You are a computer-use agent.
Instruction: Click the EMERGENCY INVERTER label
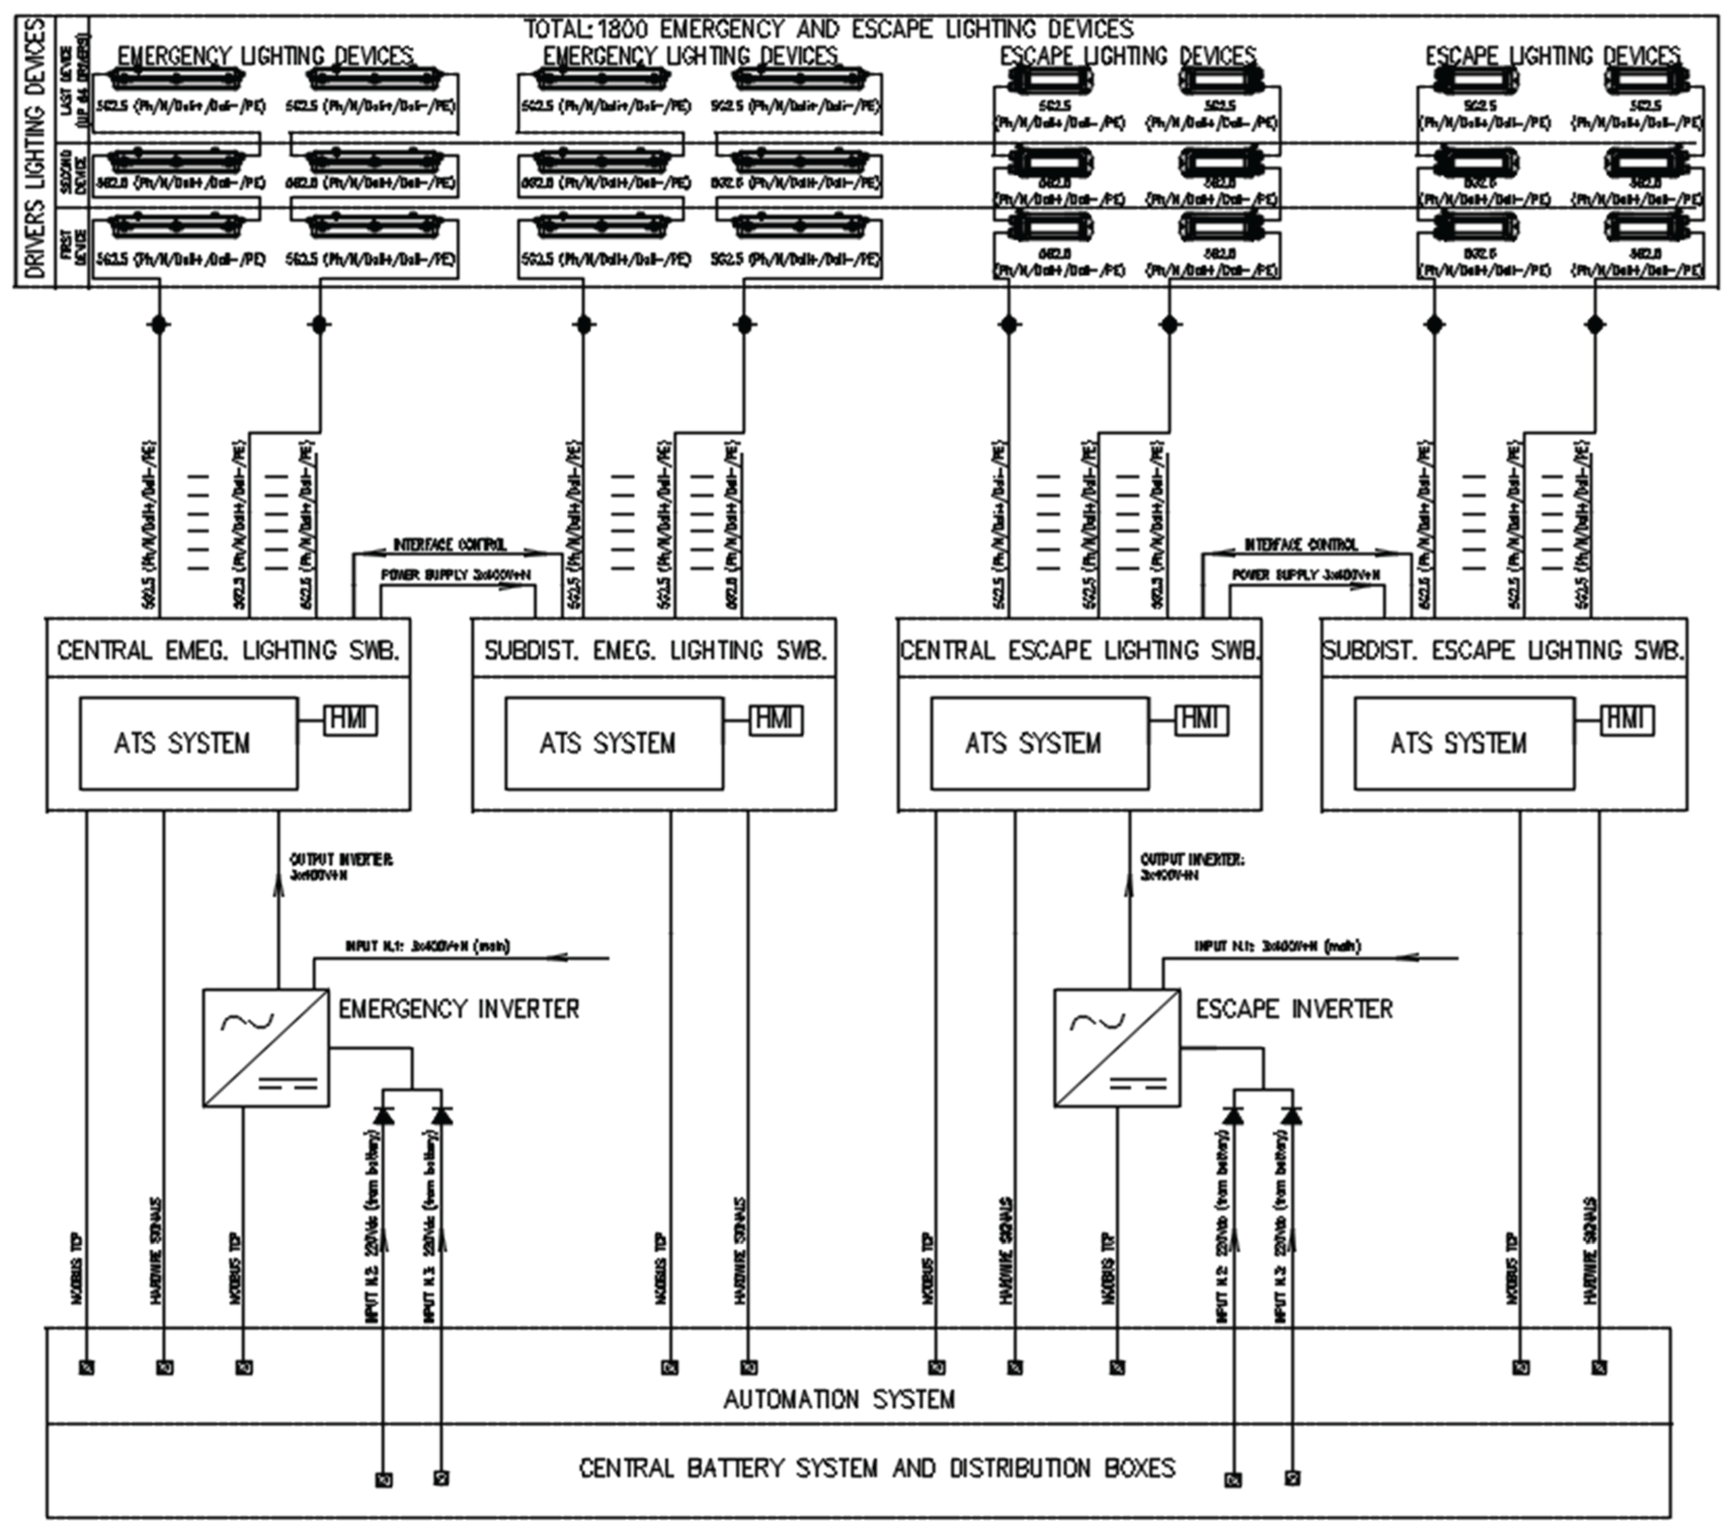tap(459, 1009)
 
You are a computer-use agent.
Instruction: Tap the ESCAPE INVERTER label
tap(1294, 1009)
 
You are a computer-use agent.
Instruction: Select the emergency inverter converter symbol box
tap(266, 1048)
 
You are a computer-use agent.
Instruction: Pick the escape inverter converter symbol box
tap(1116, 1048)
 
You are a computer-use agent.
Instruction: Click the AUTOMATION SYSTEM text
tap(838, 1400)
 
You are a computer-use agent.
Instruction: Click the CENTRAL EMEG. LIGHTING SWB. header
tap(228, 650)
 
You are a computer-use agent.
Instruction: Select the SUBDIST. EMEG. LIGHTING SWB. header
tap(655, 650)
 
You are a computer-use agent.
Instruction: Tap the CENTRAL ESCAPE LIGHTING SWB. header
tap(1079, 650)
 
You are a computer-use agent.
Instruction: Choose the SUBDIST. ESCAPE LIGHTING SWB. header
tap(1503, 650)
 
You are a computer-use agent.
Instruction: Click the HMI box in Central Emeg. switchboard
tap(351, 720)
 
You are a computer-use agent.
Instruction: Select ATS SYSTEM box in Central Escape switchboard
tap(1039, 743)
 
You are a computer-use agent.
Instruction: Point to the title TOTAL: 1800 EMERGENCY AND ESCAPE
tap(828, 29)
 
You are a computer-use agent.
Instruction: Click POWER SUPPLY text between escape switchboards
tap(1305, 575)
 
